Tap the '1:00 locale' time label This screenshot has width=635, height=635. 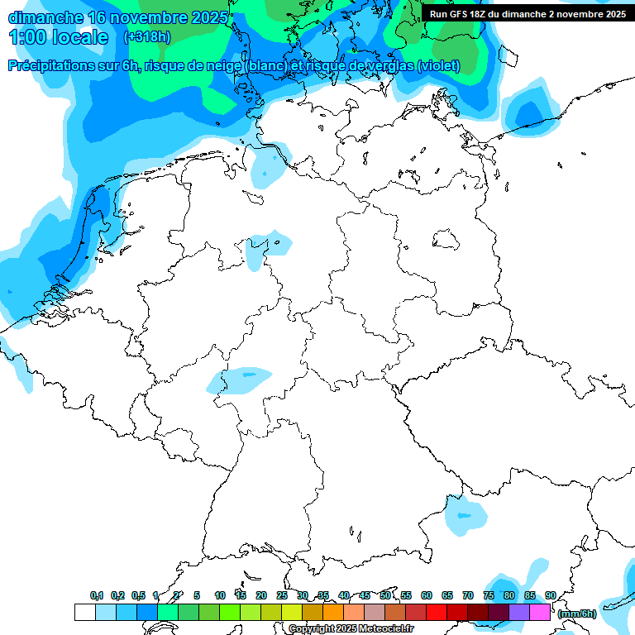click(x=58, y=37)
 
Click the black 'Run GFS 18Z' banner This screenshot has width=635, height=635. click(x=528, y=14)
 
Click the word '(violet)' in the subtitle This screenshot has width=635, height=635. click(x=439, y=66)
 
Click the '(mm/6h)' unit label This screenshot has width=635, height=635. click(x=576, y=614)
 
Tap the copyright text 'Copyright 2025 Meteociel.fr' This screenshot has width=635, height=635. click(x=351, y=629)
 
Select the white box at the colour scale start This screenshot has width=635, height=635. click(x=84, y=613)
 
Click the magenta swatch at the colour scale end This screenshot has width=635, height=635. click(x=540, y=613)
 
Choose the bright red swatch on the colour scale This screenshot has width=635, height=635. click(x=437, y=613)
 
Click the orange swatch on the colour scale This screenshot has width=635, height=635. click(x=333, y=613)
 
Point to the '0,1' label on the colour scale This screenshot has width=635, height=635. click(x=97, y=596)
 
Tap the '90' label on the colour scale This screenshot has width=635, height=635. click(x=550, y=596)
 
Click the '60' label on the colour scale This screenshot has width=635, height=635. click(x=426, y=596)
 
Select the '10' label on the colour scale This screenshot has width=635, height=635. click(x=219, y=596)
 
